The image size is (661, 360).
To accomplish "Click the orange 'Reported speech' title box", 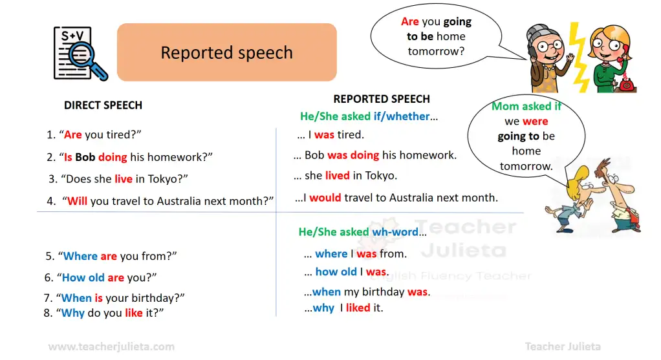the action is tap(227, 52).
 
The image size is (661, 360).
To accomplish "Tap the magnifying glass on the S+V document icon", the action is tap(87, 61).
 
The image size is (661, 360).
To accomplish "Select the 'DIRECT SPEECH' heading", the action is tap(103, 105).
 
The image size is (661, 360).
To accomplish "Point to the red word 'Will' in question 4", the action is tap(77, 201).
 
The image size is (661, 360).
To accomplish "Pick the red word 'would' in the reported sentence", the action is tap(325, 198).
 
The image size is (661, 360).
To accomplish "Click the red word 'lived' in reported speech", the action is tap(337, 175).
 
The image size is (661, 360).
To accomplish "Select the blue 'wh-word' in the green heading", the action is tap(395, 231).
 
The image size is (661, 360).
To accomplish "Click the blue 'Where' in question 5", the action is tap(80, 256).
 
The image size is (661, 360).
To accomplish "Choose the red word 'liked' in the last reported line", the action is tap(358, 308).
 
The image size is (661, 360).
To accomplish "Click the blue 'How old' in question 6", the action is tap(83, 277).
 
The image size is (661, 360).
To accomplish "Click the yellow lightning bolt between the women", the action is tap(578, 57).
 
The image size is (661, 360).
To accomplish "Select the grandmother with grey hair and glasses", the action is tap(547, 59).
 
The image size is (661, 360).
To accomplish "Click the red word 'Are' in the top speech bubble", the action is tap(410, 21).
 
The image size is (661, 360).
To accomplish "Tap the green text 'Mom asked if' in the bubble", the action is tap(526, 106).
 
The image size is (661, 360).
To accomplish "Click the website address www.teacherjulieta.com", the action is tap(111, 346).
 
